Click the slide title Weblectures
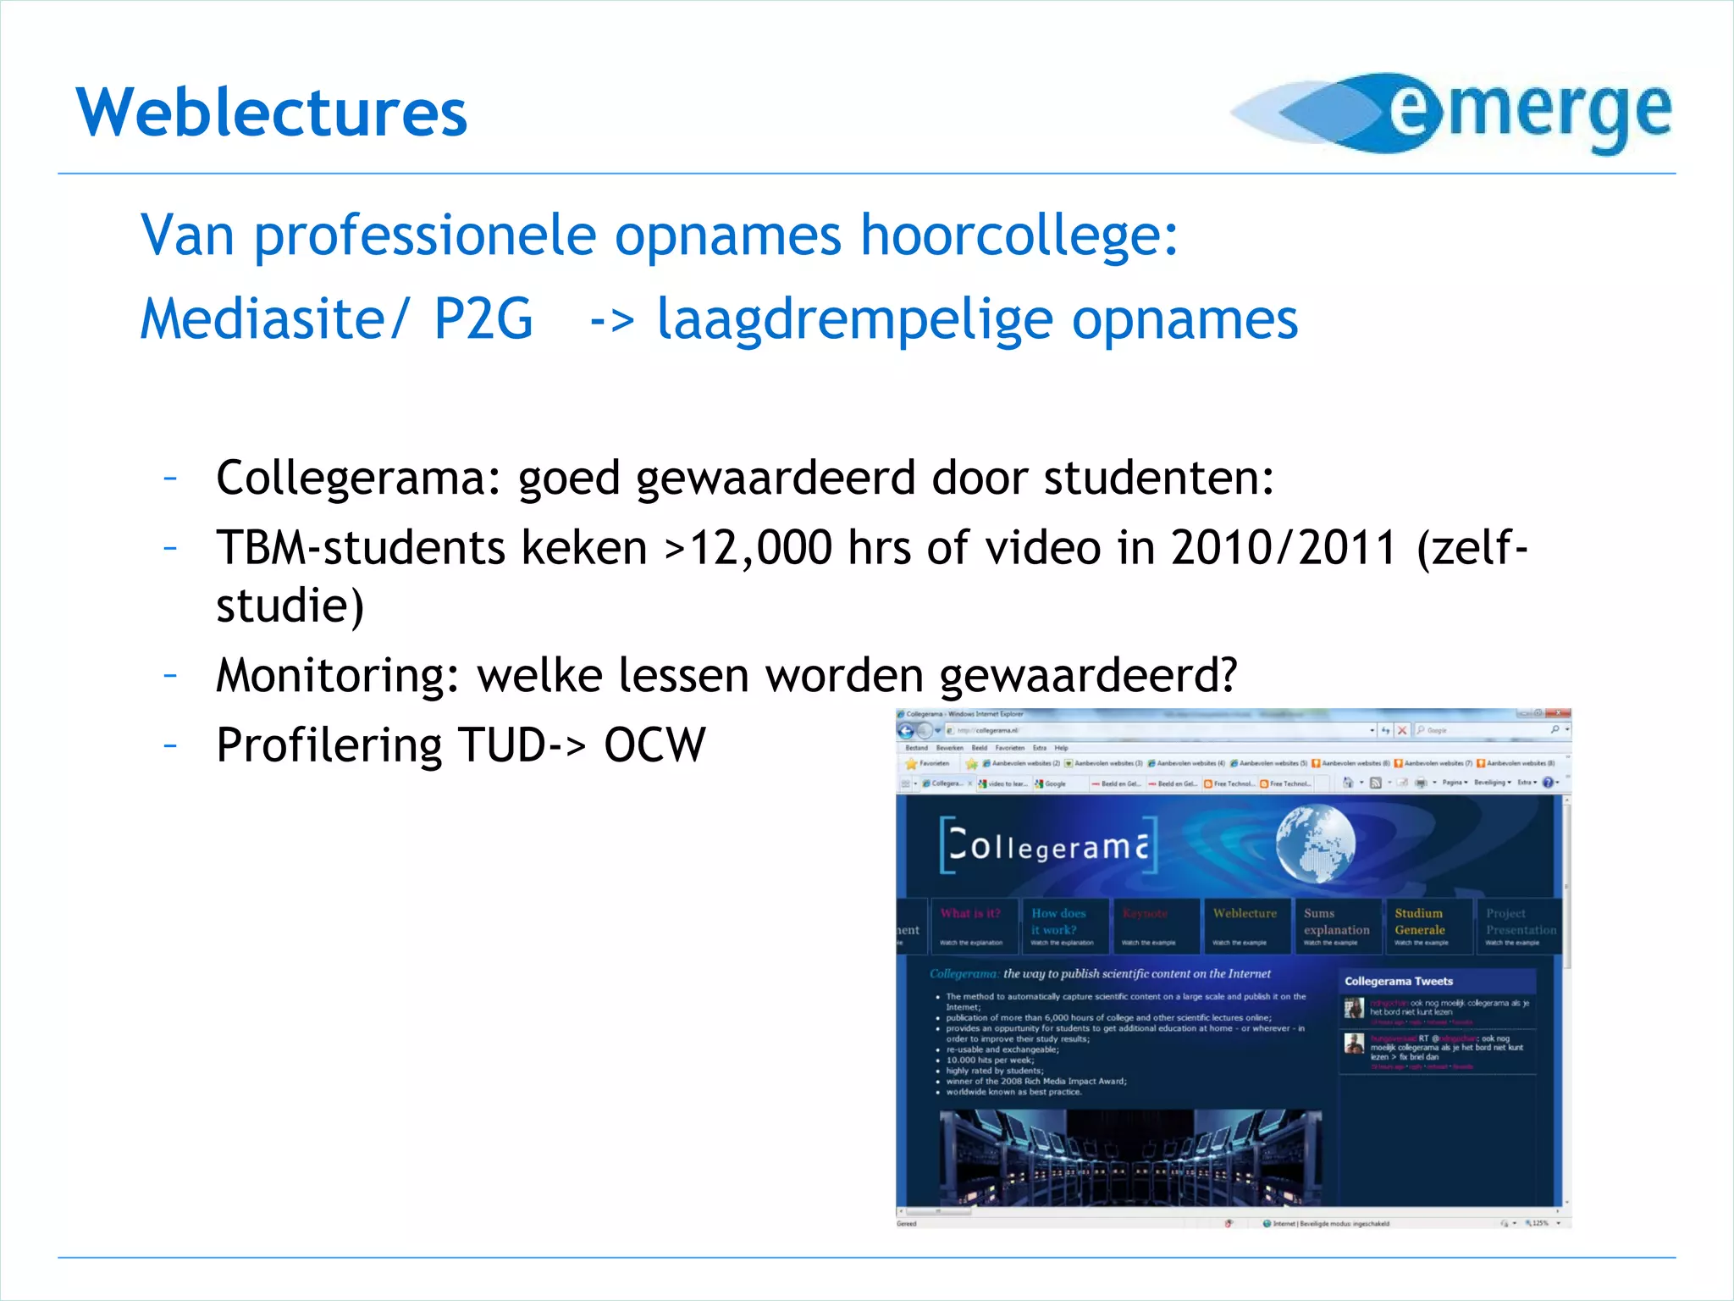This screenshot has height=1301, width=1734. pos(272,113)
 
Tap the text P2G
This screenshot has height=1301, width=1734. pos(483,319)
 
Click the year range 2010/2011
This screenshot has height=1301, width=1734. pos(1284,548)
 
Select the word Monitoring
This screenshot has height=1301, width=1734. pos(337,675)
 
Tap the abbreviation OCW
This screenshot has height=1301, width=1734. pos(654,745)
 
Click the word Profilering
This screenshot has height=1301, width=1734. pos(329,745)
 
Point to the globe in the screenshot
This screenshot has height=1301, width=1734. pos(1315,844)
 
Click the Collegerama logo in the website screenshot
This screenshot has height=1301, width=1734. pos(1048,845)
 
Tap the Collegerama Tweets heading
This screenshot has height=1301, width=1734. pos(1399,981)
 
